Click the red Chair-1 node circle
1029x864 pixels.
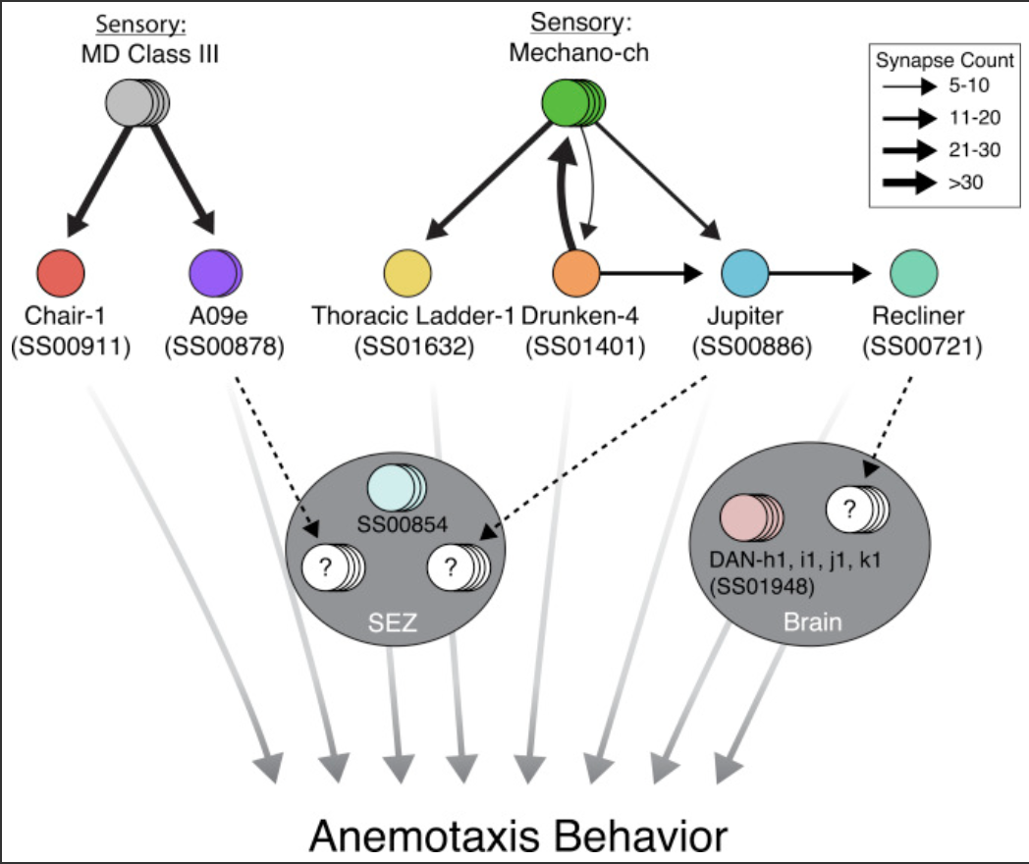tap(60, 272)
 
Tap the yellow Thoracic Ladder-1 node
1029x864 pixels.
tap(406, 272)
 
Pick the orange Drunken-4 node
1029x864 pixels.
tap(576, 272)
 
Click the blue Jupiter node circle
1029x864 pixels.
tap(745, 272)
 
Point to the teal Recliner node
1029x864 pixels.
tap(913, 272)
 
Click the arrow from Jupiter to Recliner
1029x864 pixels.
tap(821, 272)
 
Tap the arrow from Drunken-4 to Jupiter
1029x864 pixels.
tap(653, 272)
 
